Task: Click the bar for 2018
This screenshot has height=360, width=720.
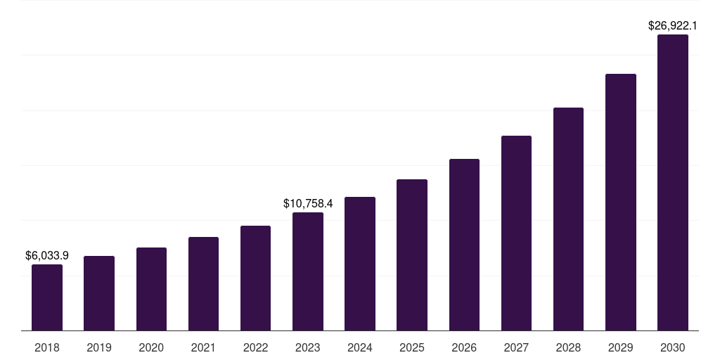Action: tap(47, 297)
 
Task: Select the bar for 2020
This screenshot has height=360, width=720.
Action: tap(151, 289)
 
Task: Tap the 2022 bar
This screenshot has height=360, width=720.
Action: tap(255, 278)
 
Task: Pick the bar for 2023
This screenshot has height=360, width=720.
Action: tap(308, 271)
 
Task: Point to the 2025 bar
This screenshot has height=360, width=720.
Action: tap(412, 255)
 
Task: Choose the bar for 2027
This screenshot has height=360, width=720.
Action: tap(516, 233)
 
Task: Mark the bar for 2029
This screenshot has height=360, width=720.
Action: tap(620, 202)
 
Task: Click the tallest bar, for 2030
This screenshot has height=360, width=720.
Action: tap(673, 182)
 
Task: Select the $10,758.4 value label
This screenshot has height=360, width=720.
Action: tap(308, 203)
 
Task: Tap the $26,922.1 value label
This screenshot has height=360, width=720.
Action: tap(672, 25)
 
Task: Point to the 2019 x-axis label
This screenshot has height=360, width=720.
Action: tap(99, 347)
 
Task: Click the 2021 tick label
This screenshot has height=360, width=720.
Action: tap(203, 347)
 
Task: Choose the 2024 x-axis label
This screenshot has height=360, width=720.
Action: tap(360, 347)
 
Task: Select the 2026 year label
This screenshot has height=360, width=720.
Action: tap(464, 347)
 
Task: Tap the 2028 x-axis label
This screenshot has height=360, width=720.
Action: tap(568, 347)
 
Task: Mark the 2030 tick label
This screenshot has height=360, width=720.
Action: tap(673, 347)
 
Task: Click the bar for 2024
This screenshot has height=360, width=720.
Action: tap(360, 264)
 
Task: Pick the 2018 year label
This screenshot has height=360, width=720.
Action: tap(47, 347)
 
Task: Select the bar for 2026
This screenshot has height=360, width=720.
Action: tap(464, 245)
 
